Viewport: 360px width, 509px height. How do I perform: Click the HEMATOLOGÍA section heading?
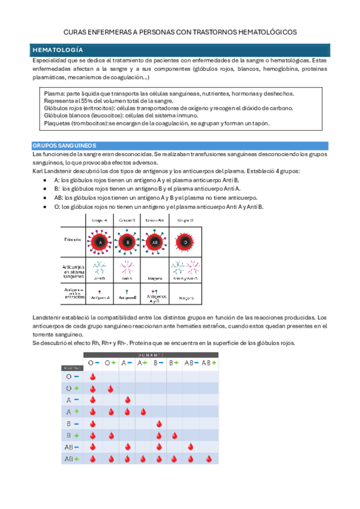click(x=58, y=50)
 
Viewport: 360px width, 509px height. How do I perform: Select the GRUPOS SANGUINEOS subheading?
click(x=68, y=146)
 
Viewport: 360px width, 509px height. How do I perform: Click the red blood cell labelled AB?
click(x=155, y=243)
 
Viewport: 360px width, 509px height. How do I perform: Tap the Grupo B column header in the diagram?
click(x=127, y=220)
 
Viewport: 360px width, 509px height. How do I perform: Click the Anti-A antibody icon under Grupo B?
click(x=127, y=267)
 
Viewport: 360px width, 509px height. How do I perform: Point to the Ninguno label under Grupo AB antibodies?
click(x=155, y=279)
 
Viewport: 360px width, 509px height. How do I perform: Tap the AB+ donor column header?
click(x=208, y=363)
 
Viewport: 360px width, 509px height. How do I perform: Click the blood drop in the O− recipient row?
click(x=93, y=377)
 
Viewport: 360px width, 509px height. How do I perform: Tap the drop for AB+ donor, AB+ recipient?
click(x=207, y=459)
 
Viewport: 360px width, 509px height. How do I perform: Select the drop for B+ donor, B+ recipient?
click(x=175, y=435)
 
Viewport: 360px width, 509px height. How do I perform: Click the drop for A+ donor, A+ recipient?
click(x=143, y=412)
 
